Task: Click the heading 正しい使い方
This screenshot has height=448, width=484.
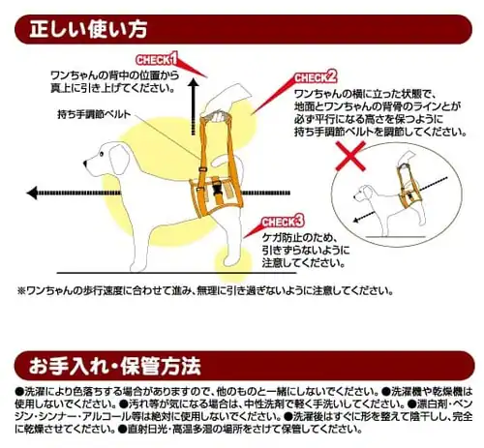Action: coord(88,29)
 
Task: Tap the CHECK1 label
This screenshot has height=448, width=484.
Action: coord(157,59)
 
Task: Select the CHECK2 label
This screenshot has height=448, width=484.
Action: coord(316,77)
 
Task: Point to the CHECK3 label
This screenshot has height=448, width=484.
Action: coord(283,222)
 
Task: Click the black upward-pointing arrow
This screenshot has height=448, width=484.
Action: coord(194,106)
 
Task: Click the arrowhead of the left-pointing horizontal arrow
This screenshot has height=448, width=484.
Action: coord(32,194)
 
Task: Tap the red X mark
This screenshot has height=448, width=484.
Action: coord(350,156)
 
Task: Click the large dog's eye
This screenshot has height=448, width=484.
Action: coord(102,154)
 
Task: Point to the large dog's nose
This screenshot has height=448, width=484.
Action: coord(85,164)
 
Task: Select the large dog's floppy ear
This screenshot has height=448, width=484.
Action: coord(119,160)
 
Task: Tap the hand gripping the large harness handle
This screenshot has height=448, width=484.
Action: coord(227,99)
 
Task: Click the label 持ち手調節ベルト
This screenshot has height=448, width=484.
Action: coord(94,114)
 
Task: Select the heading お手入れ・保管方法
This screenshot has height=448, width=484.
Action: coord(115,366)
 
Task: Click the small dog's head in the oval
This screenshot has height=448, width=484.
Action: coord(364,194)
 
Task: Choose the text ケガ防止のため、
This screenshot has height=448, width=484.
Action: coord(300,238)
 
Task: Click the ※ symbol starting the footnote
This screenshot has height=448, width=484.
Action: coord(21,291)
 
